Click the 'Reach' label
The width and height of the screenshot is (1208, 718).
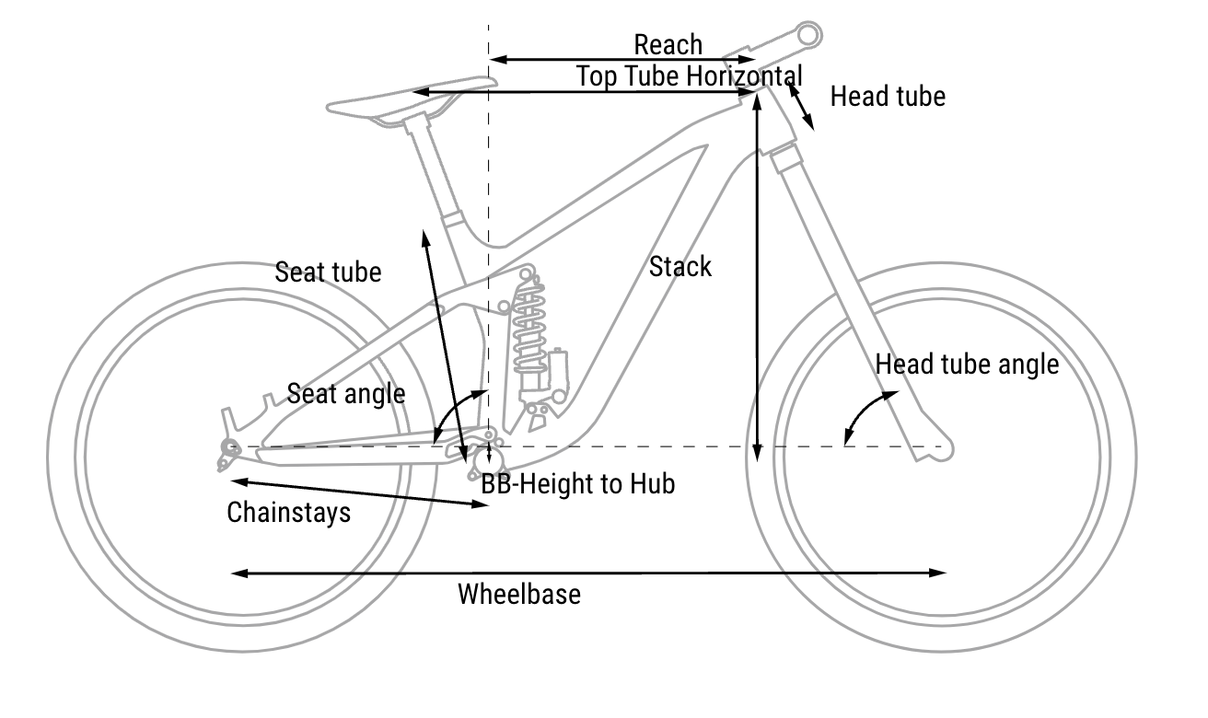pos(668,44)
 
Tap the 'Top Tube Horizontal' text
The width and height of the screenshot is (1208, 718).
pos(689,75)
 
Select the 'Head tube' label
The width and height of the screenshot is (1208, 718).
pos(888,96)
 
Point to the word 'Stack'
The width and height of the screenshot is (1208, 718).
pos(680,267)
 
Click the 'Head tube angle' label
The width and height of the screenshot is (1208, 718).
pos(967,365)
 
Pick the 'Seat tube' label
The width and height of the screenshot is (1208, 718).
pos(328,272)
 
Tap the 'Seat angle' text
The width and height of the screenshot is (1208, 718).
pos(345,394)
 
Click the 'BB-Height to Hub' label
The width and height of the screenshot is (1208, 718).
pos(578,483)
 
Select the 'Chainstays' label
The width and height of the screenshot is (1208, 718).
pos(289,512)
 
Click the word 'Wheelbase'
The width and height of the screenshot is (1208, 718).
pos(519,595)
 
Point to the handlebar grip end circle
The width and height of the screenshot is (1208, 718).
pos(807,34)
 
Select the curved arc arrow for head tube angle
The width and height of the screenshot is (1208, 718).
pos(866,413)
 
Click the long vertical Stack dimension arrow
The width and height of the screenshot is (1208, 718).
pos(757,276)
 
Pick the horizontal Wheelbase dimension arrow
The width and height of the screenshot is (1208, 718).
pos(589,573)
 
